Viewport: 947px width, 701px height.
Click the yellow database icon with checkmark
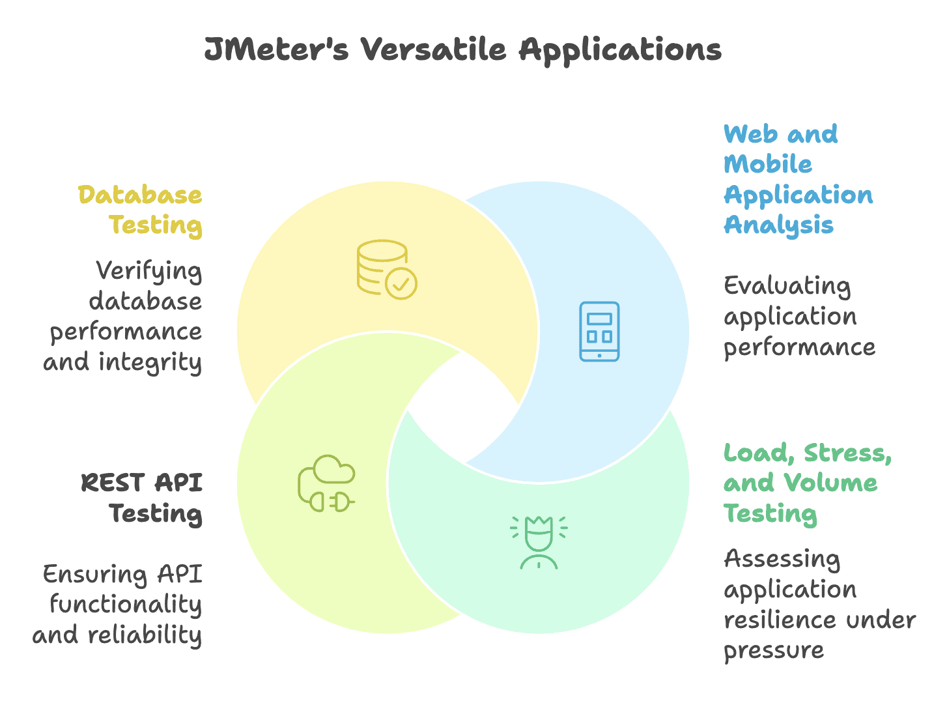pos(386,270)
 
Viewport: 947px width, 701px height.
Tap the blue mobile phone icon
pos(599,331)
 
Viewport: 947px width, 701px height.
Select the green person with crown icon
pos(539,542)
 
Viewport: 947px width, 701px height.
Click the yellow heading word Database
pos(140,195)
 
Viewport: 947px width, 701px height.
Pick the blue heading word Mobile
pos(768,164)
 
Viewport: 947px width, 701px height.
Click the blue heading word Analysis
pos(778,225)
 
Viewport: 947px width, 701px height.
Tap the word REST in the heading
pos(111,483)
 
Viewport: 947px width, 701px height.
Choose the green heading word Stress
pos(847,453)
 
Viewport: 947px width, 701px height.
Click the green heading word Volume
pos(830,483)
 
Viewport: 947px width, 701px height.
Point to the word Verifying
pos(148,272)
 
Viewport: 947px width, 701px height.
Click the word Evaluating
pos(787,287)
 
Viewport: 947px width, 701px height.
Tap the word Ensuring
pos(94,575)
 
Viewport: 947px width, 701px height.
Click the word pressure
pos(774,651)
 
